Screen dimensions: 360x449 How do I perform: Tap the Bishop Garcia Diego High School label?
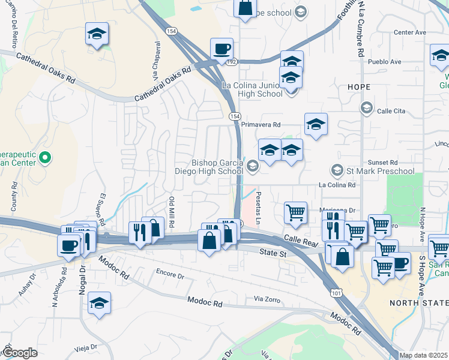(x=217, y=166)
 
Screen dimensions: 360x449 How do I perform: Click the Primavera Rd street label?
(x=261, y=125)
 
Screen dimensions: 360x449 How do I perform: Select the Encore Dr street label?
(x=169, y=275)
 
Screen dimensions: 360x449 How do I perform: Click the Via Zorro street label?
(x=267, y=298)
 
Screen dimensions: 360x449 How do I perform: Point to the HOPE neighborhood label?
(x=359, y=87)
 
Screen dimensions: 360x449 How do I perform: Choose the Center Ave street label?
(x=409, y=32)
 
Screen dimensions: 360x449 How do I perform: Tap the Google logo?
(x=20, y=353)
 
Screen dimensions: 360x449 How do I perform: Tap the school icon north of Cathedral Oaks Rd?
(x=97, y=34)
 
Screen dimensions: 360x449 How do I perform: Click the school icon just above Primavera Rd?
(x=316, y=124)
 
